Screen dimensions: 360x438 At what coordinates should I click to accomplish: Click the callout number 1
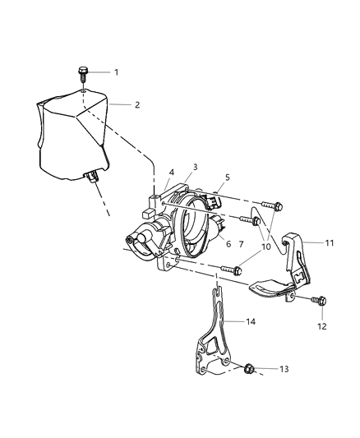(x=117, y=72)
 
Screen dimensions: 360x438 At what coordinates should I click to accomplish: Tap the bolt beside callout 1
(x=83, y=74)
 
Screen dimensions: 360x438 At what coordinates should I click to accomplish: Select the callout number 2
(x=137, y=105)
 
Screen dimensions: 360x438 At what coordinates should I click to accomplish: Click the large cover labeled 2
(x=73, y=135)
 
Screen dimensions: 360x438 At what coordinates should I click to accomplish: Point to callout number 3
(x=195, y=167)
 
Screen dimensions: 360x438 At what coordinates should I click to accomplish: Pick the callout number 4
(x=172, y=173)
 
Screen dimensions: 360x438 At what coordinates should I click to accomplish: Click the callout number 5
(x=228, y=178)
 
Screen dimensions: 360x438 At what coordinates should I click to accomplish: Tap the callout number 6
(x=228, y=244)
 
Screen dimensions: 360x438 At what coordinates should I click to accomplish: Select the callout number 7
(x=242, y=244)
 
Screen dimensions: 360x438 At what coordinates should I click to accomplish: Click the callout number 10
(x=266, y=247)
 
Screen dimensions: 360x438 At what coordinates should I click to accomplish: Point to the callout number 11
(x=330, y=243)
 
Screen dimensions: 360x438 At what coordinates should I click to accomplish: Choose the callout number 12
(x=322, y=326)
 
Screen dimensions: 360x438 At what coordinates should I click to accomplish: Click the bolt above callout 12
(x=319, y=301)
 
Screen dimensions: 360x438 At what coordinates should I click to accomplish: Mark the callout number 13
(x=284, y=369)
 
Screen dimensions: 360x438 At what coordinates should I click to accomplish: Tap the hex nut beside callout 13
(x=249, y=369)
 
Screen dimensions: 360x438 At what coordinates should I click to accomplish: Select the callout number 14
(x=251, y=321)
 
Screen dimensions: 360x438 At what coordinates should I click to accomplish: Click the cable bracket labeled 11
(x=296, y=265)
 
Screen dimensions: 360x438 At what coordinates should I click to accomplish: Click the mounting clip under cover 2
(x=91, y=176)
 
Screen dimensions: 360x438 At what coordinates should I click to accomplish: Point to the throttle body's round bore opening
(x=195, y=226)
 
